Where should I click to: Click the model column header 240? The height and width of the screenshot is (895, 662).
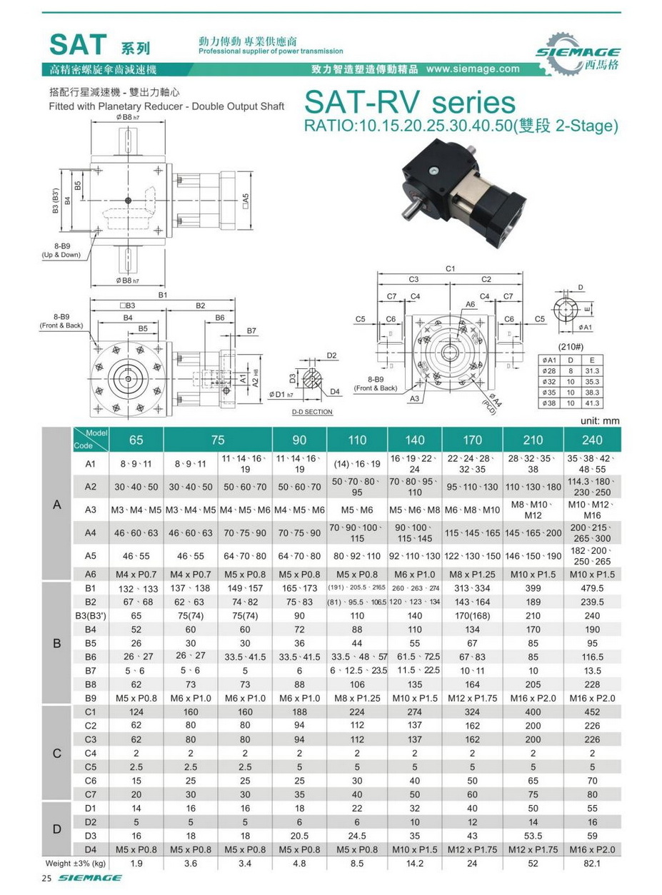[593, 440]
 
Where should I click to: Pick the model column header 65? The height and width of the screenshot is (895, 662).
[136, 440]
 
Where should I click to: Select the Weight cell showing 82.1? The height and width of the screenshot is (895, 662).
[593, 864]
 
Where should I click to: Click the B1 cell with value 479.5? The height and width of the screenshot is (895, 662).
[593, 588]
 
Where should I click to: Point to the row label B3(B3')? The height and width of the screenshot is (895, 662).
[90, 615]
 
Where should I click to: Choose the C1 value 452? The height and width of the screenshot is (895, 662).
[593, 712]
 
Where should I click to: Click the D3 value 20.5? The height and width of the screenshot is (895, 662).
[300, 835]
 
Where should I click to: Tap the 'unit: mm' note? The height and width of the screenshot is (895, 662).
[603, 421]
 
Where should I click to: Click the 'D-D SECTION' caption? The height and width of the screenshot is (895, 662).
[312, 412]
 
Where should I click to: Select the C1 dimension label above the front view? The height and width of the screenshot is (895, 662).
[450, 268]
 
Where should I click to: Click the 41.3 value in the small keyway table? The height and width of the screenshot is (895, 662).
[593, 403]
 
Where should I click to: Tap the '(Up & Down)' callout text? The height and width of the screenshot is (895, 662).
[61, 255]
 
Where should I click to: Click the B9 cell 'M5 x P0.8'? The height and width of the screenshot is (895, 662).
[136, 697]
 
